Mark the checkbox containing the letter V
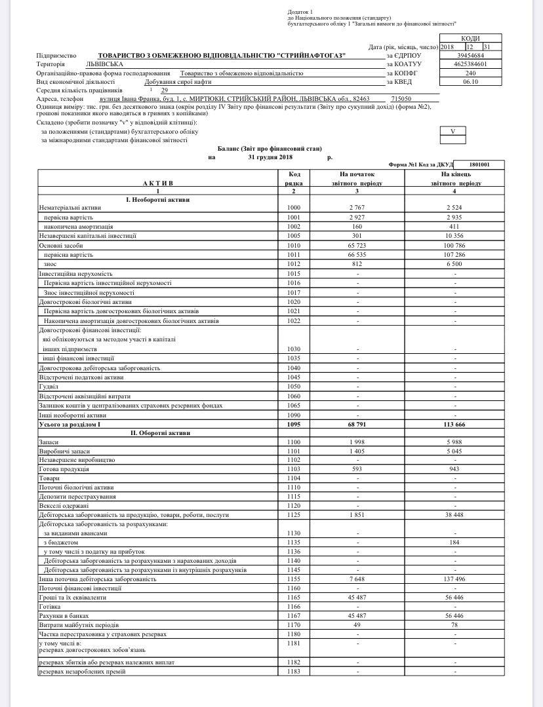click(452, 131)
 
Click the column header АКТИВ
click(157, 183)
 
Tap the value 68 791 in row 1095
click(357, 425)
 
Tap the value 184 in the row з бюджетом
click(455, 543)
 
